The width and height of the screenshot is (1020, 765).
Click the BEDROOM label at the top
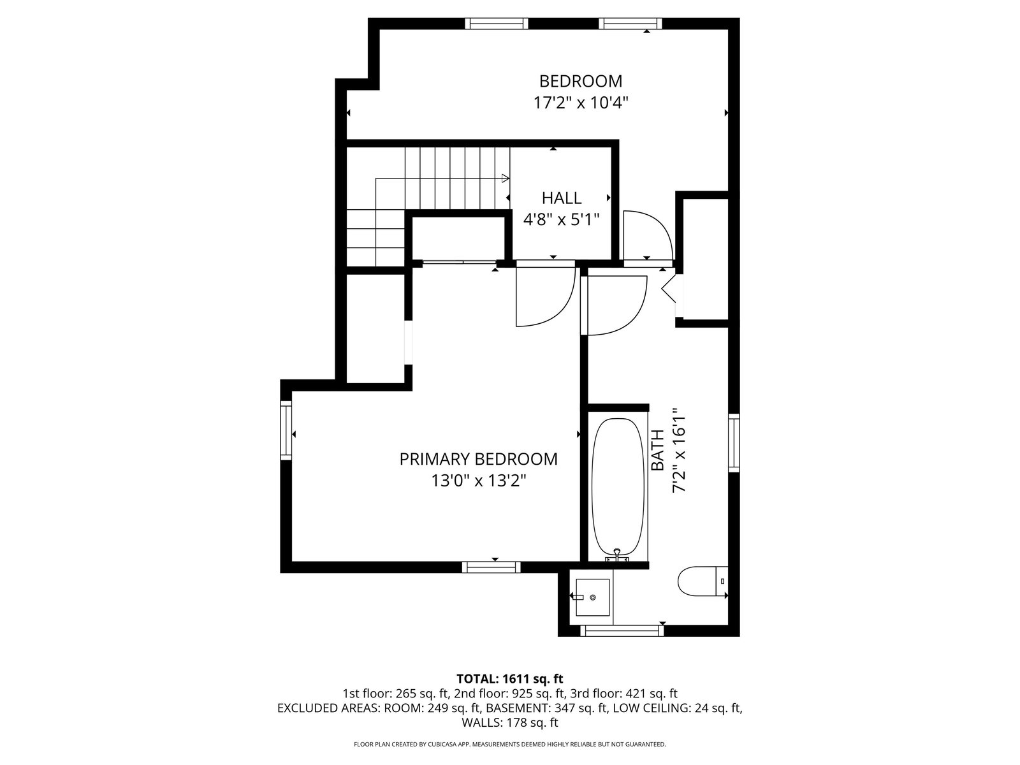tap(580, 82)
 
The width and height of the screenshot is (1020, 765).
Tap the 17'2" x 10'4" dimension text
tap(580, 103)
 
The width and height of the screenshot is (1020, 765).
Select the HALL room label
tap(562, 198)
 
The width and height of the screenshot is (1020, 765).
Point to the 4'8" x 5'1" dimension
tap(562, 219)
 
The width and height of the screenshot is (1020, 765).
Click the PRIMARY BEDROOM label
tap(479, 459)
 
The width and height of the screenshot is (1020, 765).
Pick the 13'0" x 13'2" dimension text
tap(479, 481)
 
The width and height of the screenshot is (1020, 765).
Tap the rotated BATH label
tap(657, 450)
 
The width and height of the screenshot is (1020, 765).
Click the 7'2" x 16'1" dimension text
tap(679, 450)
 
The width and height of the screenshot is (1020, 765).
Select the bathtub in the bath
tap(618, 487)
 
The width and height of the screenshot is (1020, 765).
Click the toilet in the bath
tap(703, 581)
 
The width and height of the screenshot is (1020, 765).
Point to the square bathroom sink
tap(592, 597)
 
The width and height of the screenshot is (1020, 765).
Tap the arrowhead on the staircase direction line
tap(506, 178)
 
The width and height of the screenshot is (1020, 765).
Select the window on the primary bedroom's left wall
tap(286, 430)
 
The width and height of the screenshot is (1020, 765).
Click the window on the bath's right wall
tap(734, 442)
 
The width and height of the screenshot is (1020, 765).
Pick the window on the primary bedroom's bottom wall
tap(491, 567)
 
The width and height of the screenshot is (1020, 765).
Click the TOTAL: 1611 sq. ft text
tap(510, 678)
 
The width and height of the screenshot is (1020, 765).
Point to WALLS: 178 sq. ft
tap(510, 722)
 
